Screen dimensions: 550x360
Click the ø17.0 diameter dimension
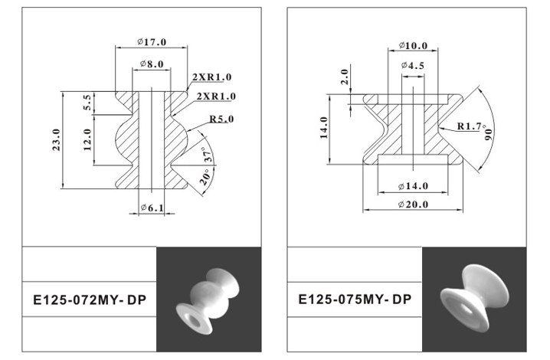coord(152,42)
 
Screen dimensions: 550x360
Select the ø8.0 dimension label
coord(152,64)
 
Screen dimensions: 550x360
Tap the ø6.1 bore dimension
coord(152,208)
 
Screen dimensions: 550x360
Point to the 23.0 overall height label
coord(56,139)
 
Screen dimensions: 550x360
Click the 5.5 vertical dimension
coord(87,102)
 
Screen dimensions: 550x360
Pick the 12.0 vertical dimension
coord(87,139)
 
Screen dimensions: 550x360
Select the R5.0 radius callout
coord(221,119)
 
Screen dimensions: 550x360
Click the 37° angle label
coord(208,155)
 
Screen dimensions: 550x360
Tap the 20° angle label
coord(205,177)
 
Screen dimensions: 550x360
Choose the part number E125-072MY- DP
coord(90,300)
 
